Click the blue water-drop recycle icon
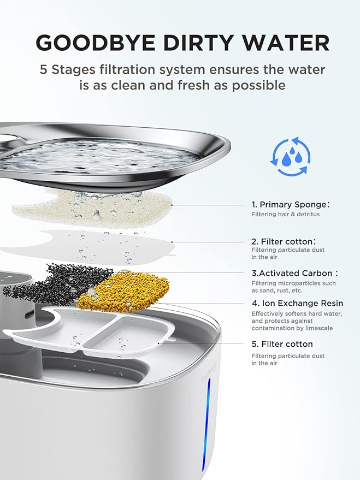pos(290,157)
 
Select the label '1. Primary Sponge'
pos(290,204)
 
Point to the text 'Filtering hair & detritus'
pos(285,215)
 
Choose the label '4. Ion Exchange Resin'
pos(297,303)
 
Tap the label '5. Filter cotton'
pos(282,344)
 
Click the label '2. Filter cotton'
pos(283,241)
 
